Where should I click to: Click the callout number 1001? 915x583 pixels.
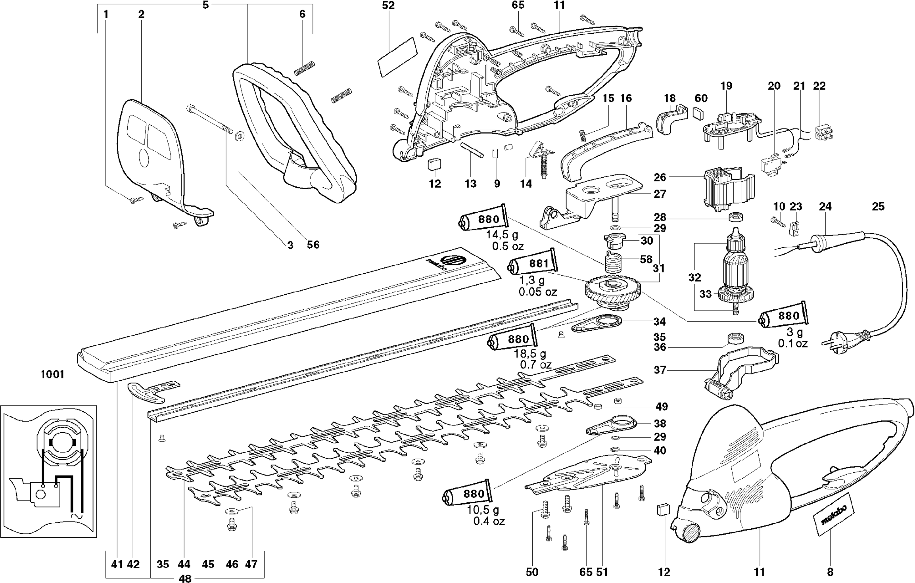pos(52,374)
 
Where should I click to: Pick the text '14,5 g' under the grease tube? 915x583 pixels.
pos(502,235)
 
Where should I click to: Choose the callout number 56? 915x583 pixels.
pos(313,245)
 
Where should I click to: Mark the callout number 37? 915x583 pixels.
pos(660,370)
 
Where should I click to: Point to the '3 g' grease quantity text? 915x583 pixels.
pos(794,332)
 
